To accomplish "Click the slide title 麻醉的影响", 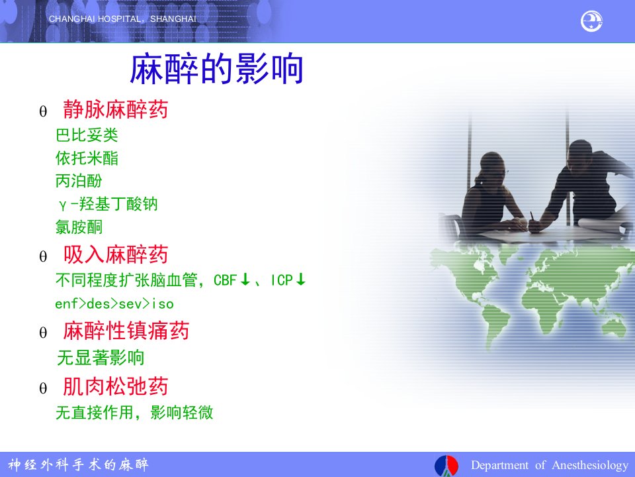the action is coord(216,70).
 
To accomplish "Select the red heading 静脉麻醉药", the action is coord(115,109).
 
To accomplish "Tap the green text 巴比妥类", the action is coord(87,135).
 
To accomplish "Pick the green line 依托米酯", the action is coord(87,158).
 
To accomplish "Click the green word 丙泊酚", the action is coord(79,181).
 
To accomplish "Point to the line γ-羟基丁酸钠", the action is coord(108,204).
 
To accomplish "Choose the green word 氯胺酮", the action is coord(79,227).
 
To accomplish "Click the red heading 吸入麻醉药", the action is coord(115,254).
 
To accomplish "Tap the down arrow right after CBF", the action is coord(245,279).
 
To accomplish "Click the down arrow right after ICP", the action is coord(300,279).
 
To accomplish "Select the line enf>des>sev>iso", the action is coord(114,304).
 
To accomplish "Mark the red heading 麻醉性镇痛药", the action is coord(126,331).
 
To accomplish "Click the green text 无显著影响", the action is coord(101,358).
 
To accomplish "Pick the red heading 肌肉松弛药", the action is coord(115,386).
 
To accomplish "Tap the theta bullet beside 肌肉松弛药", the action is coord(43,389).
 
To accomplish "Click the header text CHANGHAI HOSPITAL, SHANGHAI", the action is coord(122,19).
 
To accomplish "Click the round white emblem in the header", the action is coord(591,21).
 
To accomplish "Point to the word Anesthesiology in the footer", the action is coord(590,465).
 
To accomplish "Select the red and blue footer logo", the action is coord(446,466).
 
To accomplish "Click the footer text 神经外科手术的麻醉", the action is coord(78,464).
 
